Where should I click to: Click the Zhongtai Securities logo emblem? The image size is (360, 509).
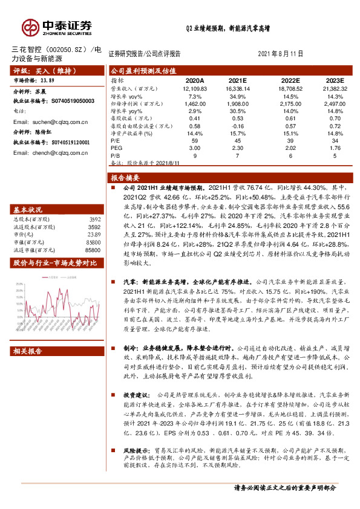point(30,27)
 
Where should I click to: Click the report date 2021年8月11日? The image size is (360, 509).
point(280,54)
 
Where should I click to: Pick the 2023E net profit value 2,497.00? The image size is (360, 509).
point(333,103)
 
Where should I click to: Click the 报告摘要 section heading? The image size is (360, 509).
point(125,178)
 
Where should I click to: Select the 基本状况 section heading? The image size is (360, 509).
point(28,210)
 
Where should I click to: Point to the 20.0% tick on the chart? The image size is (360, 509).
point(22,291)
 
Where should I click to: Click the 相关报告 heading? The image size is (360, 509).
point(28,351)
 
